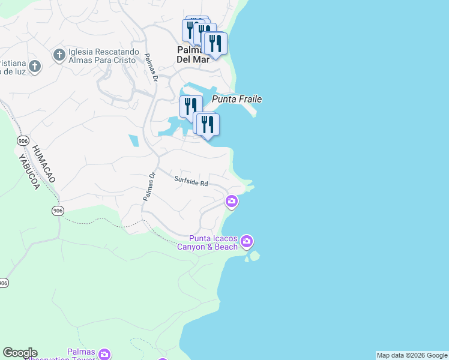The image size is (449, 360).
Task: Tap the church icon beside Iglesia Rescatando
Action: [59, 56]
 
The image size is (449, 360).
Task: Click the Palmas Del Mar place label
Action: [193, 54]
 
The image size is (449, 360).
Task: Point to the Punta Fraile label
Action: [237, 99]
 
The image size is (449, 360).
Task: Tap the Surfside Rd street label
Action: [191, 181]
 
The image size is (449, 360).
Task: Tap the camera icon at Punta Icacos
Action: [247, 242]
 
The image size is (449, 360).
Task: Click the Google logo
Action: [20, 353]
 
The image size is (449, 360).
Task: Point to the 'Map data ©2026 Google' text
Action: [412, 355]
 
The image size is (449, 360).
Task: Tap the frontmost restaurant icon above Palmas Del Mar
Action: [215, 44]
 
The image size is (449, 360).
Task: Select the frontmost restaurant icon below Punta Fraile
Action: [208, 124]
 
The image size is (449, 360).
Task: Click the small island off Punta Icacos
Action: [255, 256]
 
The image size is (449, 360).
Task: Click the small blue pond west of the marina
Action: [133, 141]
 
